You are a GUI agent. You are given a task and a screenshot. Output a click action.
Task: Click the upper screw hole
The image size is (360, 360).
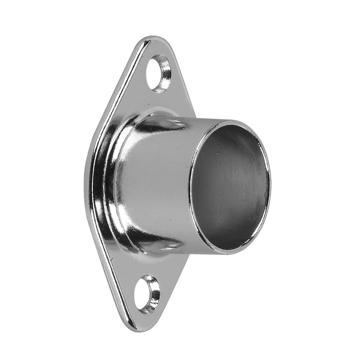point(160,73)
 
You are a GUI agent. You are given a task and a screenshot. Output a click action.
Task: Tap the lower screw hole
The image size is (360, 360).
point(148,293)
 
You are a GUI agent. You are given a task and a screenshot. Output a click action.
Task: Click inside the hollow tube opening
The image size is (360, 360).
point(231,186)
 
